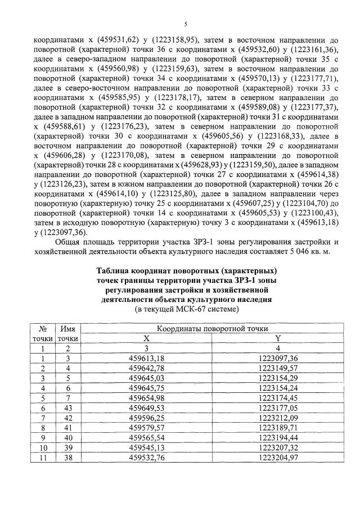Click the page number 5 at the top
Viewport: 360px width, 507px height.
(184, 24)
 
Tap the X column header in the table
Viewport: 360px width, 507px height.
(147, 338)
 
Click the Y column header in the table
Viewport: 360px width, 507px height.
(277, 338)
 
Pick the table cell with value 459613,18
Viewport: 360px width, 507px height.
(146, 358)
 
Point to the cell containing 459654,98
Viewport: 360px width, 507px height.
(146, 398)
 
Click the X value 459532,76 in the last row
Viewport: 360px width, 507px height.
(146, 458)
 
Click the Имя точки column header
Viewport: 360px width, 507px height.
(67, 333)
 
